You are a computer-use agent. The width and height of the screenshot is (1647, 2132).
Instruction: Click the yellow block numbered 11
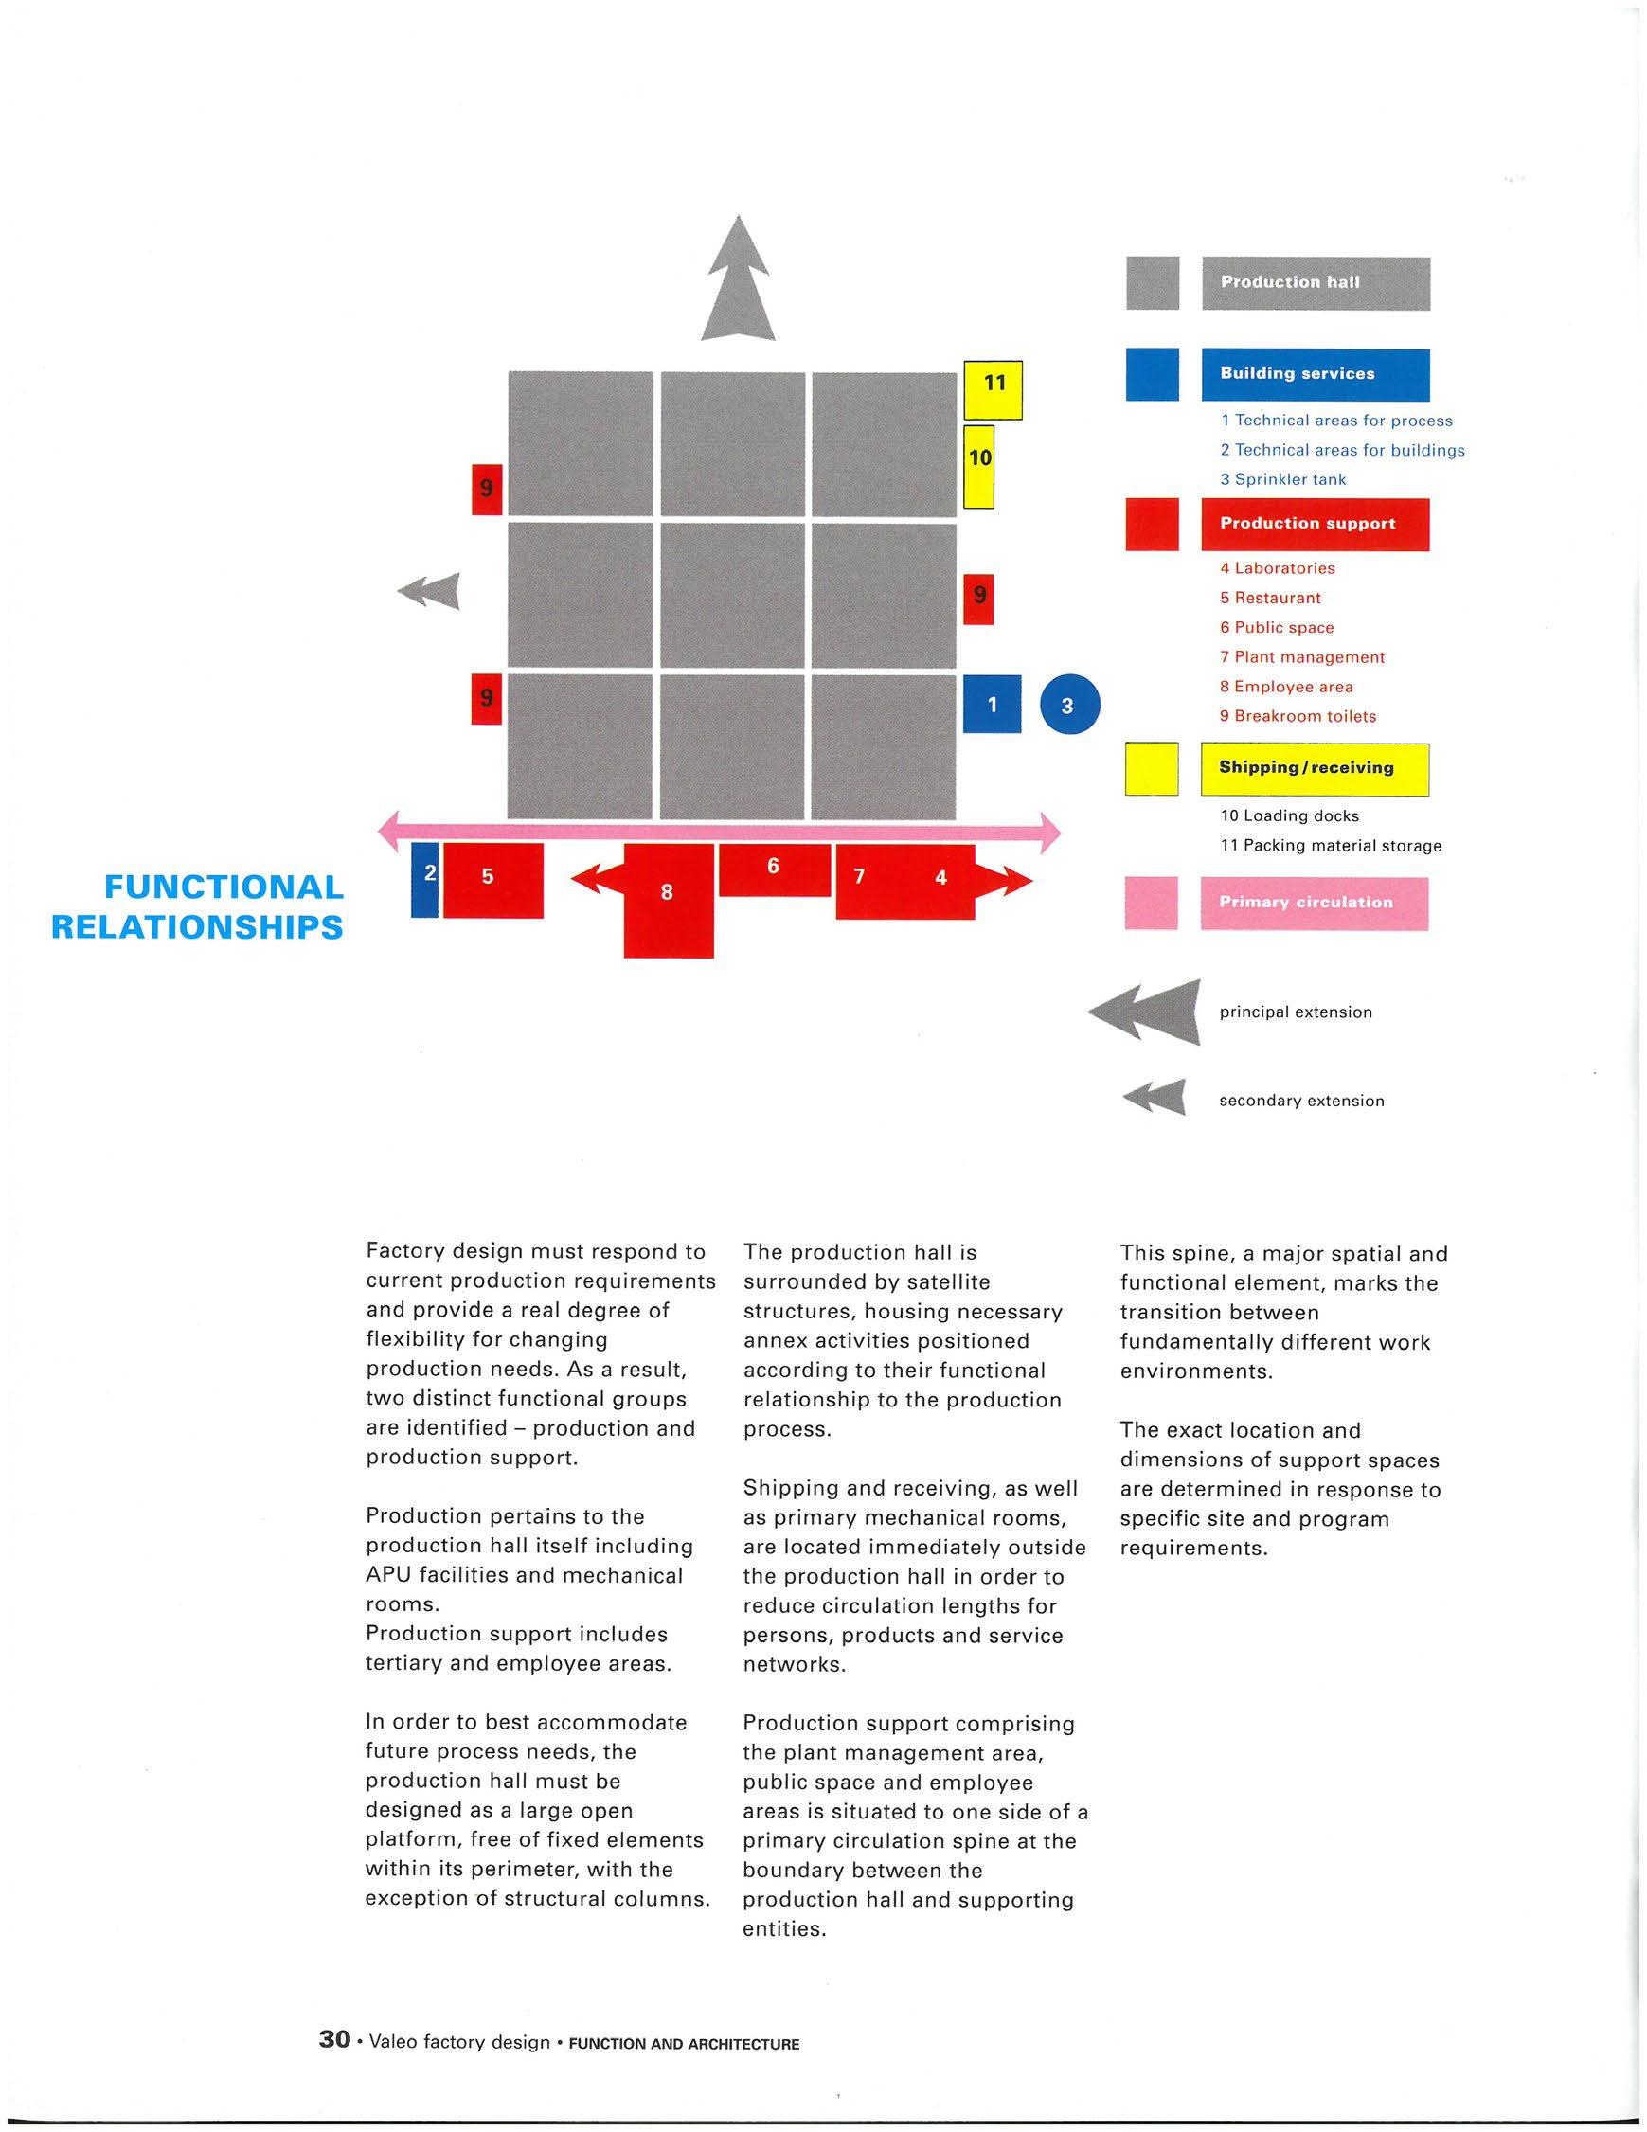point(993,390)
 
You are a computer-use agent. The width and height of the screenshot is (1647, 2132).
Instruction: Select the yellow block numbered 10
point(979,467)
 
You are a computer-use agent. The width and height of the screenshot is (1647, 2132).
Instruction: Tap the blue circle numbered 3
point(1069,704)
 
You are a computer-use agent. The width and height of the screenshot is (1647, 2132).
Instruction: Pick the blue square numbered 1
point(992,704)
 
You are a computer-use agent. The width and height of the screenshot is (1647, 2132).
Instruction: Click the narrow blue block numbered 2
point(424,881)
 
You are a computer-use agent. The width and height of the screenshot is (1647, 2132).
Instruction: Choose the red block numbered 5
point(493,881)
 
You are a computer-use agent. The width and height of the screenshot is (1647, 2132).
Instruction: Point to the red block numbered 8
point(668,900)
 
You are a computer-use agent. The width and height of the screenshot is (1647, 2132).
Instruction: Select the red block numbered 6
point(774,869)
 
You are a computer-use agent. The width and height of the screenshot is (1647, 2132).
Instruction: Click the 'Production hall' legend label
point(1316,283)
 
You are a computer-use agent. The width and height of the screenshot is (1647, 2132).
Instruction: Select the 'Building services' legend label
point(1316,374)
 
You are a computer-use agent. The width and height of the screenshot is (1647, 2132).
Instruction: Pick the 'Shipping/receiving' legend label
point(1316,769)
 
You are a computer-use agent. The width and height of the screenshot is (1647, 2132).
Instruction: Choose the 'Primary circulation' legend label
point(1314,903)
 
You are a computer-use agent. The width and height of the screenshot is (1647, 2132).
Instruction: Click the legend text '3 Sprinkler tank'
point(1283,479)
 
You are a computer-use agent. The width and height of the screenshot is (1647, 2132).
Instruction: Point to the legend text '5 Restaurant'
point(1270,599)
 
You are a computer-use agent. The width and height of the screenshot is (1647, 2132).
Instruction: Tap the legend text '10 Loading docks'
point(1289,816)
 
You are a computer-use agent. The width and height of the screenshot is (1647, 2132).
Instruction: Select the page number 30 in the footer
point(335,2039)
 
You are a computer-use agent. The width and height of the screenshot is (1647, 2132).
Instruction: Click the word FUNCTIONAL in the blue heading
point(224,887)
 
